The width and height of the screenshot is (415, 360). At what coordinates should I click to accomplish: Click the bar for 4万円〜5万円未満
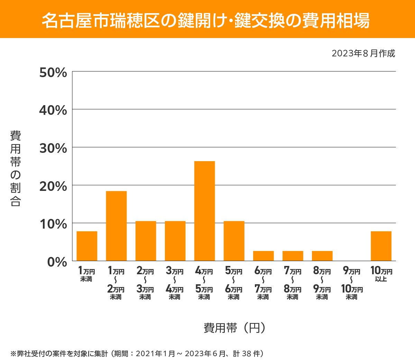coord(204,211)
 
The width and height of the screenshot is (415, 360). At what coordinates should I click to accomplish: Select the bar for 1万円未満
coord(87,246)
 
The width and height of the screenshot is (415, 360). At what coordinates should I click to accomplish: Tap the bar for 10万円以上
coord(381,246)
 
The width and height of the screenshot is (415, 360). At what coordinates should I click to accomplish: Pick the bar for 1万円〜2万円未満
coord(116,226)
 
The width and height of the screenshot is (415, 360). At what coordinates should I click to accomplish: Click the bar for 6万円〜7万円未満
coord(263,256)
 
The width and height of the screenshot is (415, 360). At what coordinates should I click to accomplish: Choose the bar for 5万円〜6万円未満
coord(234,241)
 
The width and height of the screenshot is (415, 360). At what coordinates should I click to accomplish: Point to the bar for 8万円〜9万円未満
coord(322,256)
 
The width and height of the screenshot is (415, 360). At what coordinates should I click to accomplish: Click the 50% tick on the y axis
coord(53,73)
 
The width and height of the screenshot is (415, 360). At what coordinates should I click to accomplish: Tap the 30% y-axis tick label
coord(53,148)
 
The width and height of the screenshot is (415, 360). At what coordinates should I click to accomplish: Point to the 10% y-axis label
coord(53,224)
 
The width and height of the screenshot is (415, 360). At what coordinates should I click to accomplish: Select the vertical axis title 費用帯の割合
coord(16,168)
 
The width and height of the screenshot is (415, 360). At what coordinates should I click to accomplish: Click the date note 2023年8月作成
coord(363,54)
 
